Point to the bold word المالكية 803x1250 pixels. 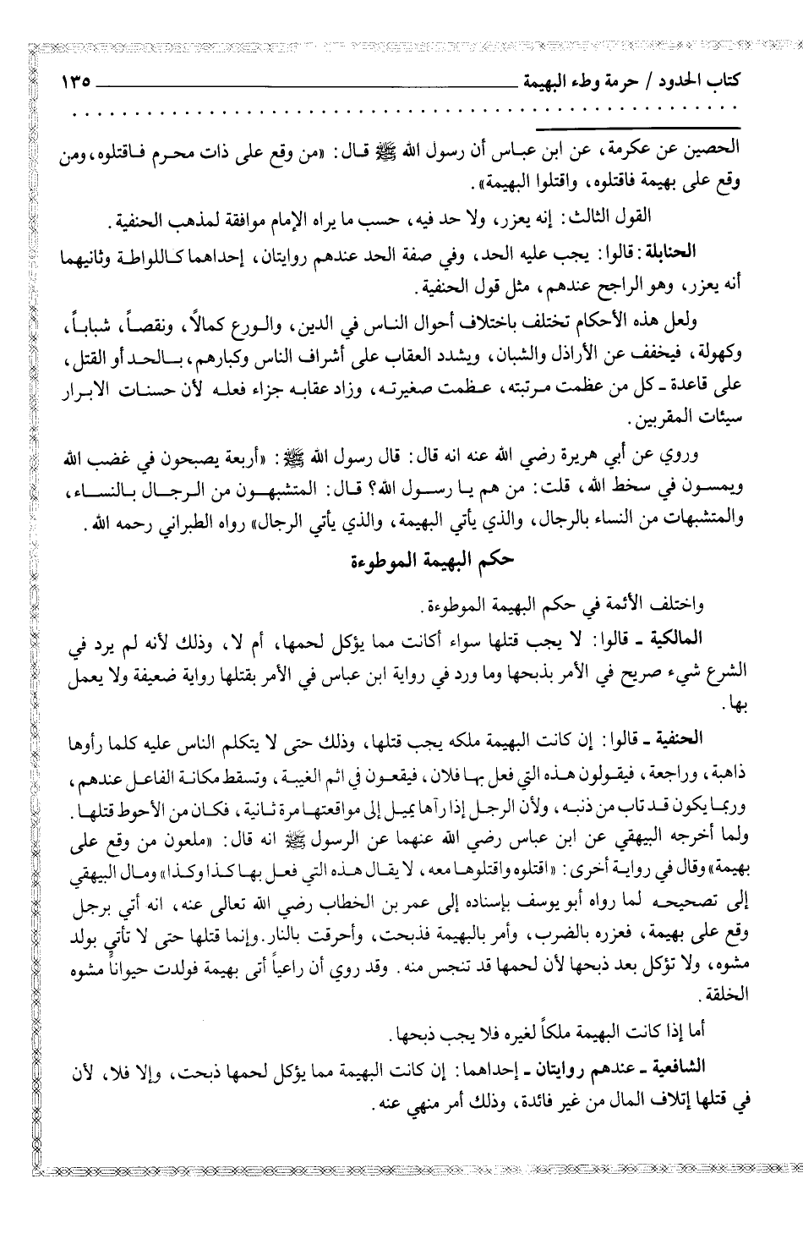click(702, 633)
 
